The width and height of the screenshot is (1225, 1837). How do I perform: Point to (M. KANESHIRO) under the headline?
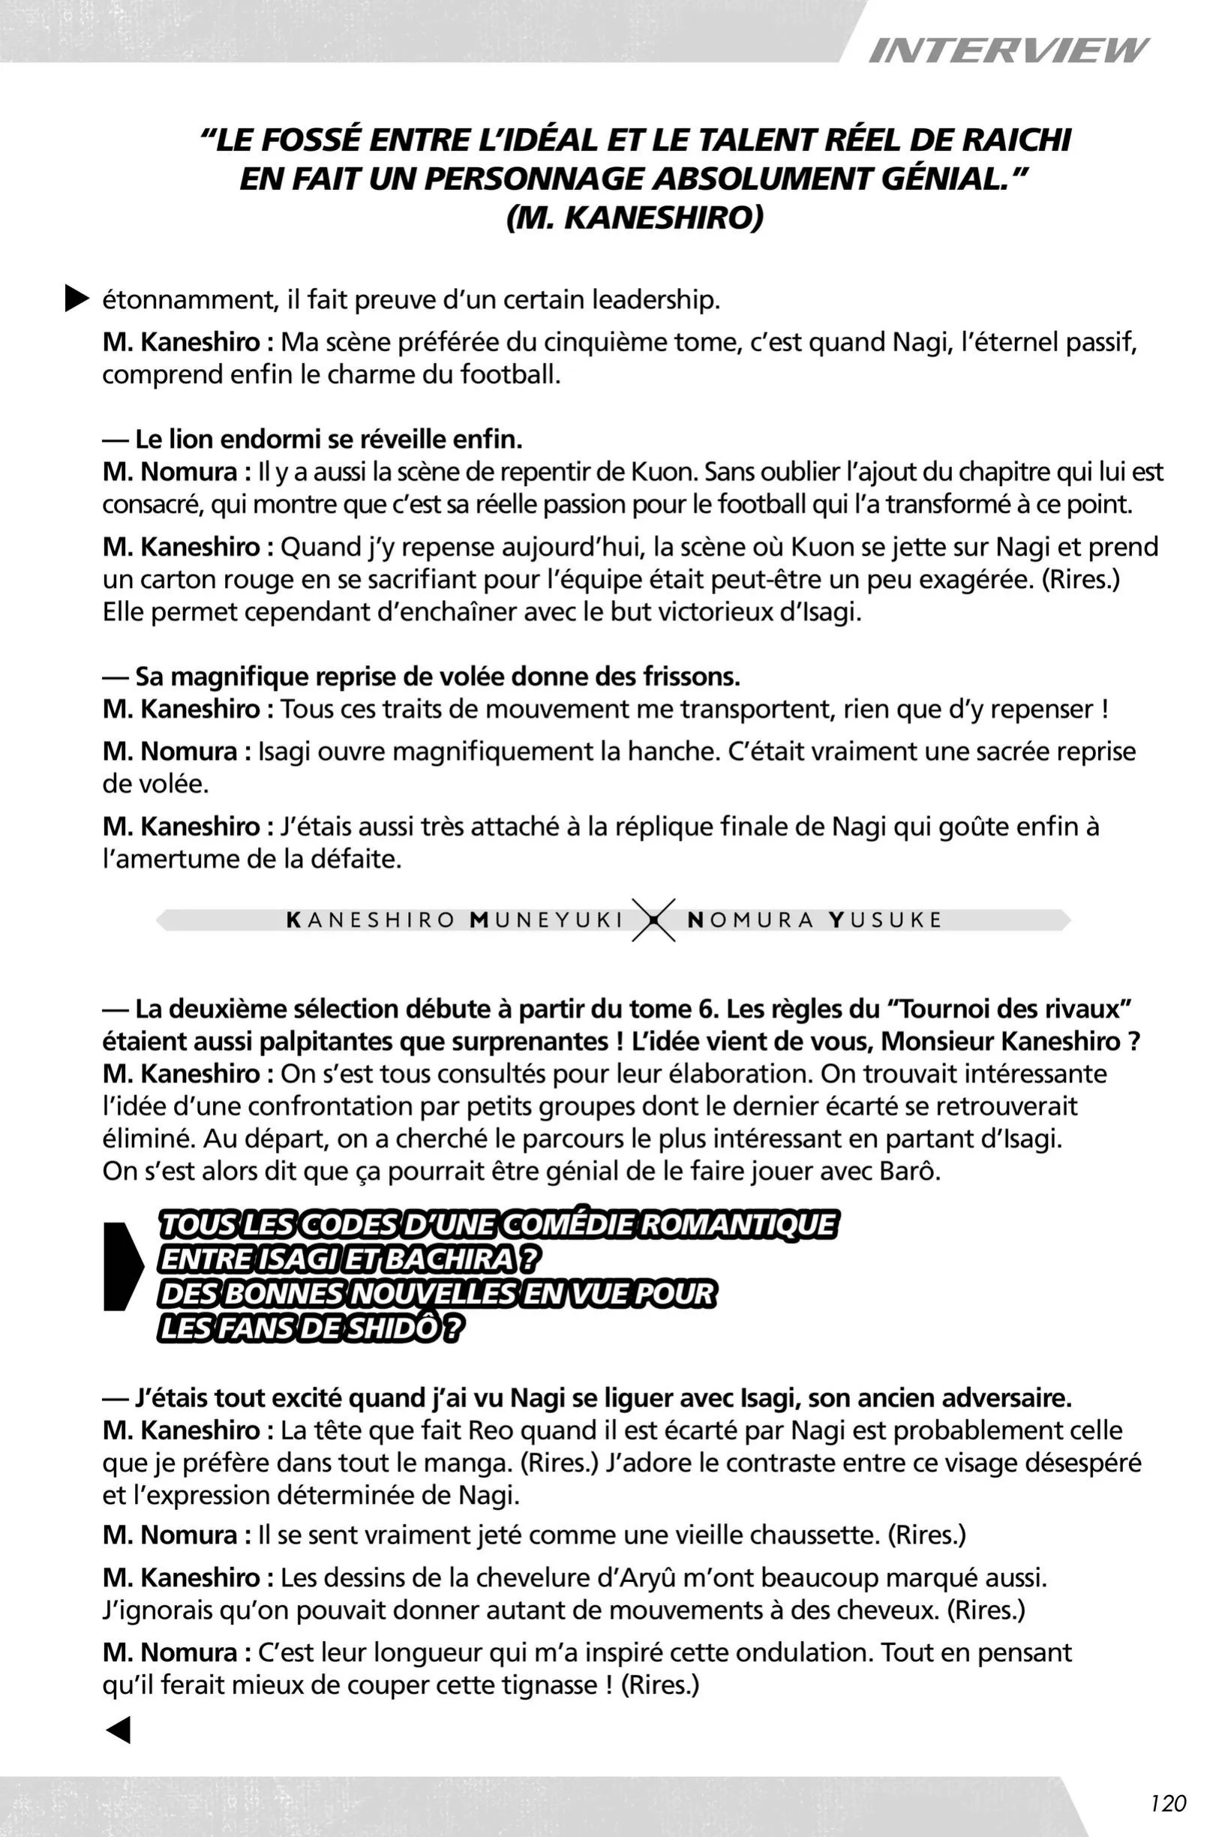point(635,218)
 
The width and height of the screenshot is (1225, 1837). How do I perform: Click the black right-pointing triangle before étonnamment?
point(77,299)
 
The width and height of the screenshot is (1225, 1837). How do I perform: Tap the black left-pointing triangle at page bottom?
point(118,1730)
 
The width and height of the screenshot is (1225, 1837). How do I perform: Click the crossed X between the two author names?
point(654,920)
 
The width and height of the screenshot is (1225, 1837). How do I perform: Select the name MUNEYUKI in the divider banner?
point(546,920)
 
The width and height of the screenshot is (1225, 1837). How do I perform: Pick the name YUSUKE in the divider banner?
point(885,920)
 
